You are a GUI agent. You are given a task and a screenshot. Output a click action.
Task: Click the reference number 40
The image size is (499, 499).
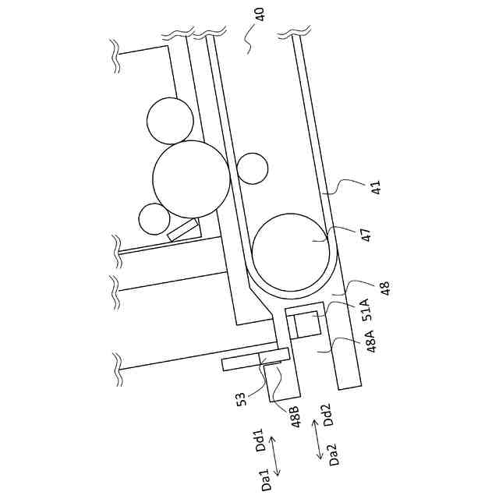[260, 14]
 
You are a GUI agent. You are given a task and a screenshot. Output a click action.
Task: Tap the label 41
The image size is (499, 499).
[376, 187]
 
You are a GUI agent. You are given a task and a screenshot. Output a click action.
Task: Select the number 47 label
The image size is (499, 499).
[366, 235]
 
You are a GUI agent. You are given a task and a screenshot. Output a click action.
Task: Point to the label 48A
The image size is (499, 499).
[371, 342]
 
